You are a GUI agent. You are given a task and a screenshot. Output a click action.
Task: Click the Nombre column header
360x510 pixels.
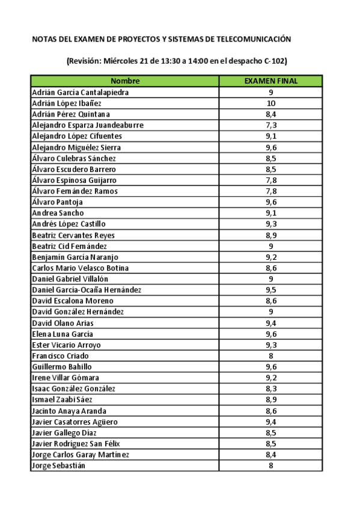(125, 81)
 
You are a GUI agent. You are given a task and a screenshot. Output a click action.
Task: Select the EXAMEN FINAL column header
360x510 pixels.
(270, 81)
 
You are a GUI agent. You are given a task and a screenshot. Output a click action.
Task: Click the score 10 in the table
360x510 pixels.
(271, 103)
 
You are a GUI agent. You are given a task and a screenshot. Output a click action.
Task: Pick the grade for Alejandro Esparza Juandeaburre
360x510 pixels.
(271, 125)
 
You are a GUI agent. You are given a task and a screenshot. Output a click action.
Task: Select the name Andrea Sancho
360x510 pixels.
(58, 213)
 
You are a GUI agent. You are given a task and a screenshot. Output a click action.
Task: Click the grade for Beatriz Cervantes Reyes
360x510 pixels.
(271, 235)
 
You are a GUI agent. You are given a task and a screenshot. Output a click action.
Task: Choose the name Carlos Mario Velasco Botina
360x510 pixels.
(80, 268)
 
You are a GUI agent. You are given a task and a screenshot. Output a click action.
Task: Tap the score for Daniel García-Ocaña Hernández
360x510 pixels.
(271, 290)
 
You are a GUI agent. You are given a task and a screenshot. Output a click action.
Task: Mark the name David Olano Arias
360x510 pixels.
(63, 323)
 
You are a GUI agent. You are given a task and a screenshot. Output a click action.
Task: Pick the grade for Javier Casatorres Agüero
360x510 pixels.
(271, 422)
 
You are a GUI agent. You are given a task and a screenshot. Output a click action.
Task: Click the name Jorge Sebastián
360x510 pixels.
(58, 465)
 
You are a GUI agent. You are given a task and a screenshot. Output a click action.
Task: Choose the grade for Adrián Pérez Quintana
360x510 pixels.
(271, 114)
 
